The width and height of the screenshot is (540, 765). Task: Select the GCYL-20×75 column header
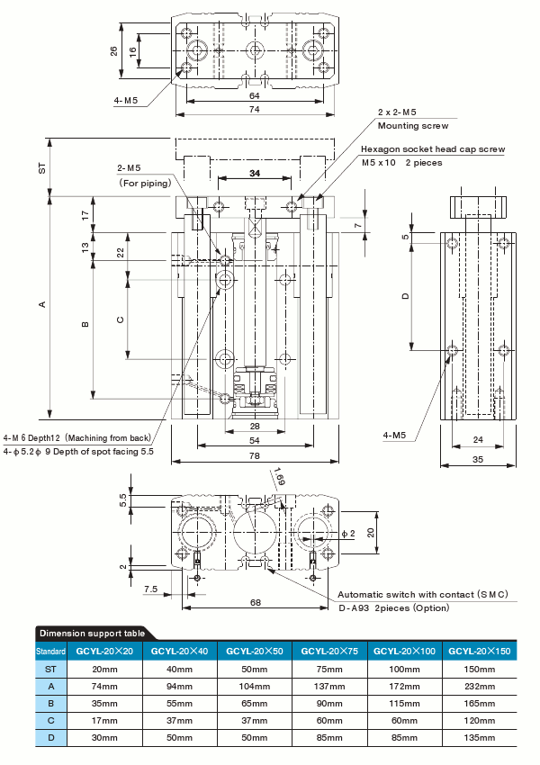click(x=330, y=651)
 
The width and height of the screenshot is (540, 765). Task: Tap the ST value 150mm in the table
click(x=481, y=669)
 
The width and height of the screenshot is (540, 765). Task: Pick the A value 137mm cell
click(x=330, y=686)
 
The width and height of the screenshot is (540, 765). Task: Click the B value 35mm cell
click(x=104, y=703)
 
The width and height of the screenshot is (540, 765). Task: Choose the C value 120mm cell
click(x=481, y=720)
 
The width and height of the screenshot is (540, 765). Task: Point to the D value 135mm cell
click(x=481, y=737)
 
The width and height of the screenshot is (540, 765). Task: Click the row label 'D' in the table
click(x=50, y=737)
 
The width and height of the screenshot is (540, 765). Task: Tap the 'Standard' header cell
click(x=50, y=651)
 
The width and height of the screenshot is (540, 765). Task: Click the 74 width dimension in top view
click(x=255, y=109)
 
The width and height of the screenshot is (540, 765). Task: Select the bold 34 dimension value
click(x=255, y=172)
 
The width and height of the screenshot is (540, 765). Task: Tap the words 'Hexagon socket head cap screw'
click(x=433, y=149)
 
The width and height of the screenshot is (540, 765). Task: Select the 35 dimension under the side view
click(x=478, y=460)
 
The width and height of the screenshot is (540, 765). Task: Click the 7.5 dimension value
click(x=150, y=589)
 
